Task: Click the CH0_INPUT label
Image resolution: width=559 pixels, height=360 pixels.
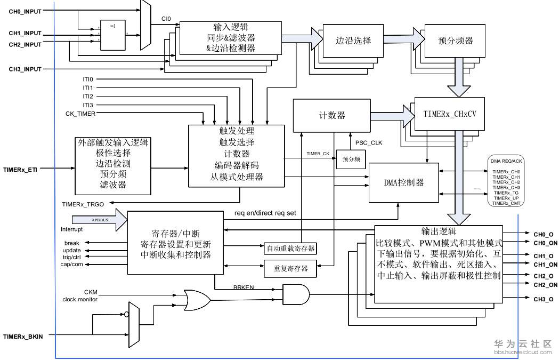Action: pyautogui.click(x=25, y=11)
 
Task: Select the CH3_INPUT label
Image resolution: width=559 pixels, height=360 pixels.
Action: pyautogui.click(x=25, y=69)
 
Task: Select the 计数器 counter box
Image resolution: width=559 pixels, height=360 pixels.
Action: pyautogui.click(x=331, y=115)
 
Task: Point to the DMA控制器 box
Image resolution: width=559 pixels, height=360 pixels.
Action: pyautogui.click(x=404, y=182)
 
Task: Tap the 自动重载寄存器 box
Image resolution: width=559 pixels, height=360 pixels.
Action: pyautogui.click(x=290, y=248)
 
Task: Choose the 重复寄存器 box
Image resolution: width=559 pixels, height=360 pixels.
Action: pyautogui.click(x=290, y=268)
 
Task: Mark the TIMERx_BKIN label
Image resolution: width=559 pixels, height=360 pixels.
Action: pyautogui.click(x=23, y=337)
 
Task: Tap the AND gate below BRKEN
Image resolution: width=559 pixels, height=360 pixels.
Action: pyautogui.click(x=295, y=293)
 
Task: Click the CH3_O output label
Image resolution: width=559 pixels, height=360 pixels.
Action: pyautogui.click(x=543, y=299)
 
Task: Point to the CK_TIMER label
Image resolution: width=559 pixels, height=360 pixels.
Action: pyautogui.click(x=80, y=114)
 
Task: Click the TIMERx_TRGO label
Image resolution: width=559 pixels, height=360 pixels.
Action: pyautogui.click(x=83, y=204)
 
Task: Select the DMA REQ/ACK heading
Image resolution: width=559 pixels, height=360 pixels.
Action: pyautogui.click(x=506, y=161)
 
